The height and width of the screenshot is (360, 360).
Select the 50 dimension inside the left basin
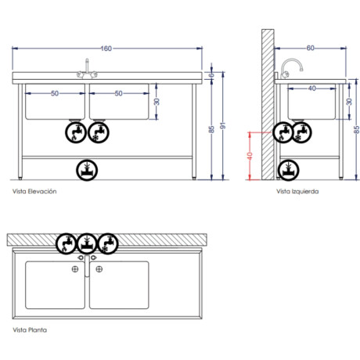tap(55, 93)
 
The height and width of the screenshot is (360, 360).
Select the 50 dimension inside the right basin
tap(119, 93)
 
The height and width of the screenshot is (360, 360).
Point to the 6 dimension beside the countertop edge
tap(213, 76)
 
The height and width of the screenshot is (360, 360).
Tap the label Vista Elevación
tap(34, 191)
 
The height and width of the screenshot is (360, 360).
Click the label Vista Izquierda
tap(297, 191)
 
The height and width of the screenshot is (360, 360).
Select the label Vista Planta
tap(30, 330)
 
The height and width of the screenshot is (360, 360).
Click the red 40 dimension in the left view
tap(250, 156)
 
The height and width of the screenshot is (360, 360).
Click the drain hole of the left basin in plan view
tap(74, 269)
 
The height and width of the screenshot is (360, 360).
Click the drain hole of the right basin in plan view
tap(99, 269)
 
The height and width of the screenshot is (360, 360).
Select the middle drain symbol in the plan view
tap(87, 241)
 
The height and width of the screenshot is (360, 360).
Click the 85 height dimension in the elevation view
tap(211, 130)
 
